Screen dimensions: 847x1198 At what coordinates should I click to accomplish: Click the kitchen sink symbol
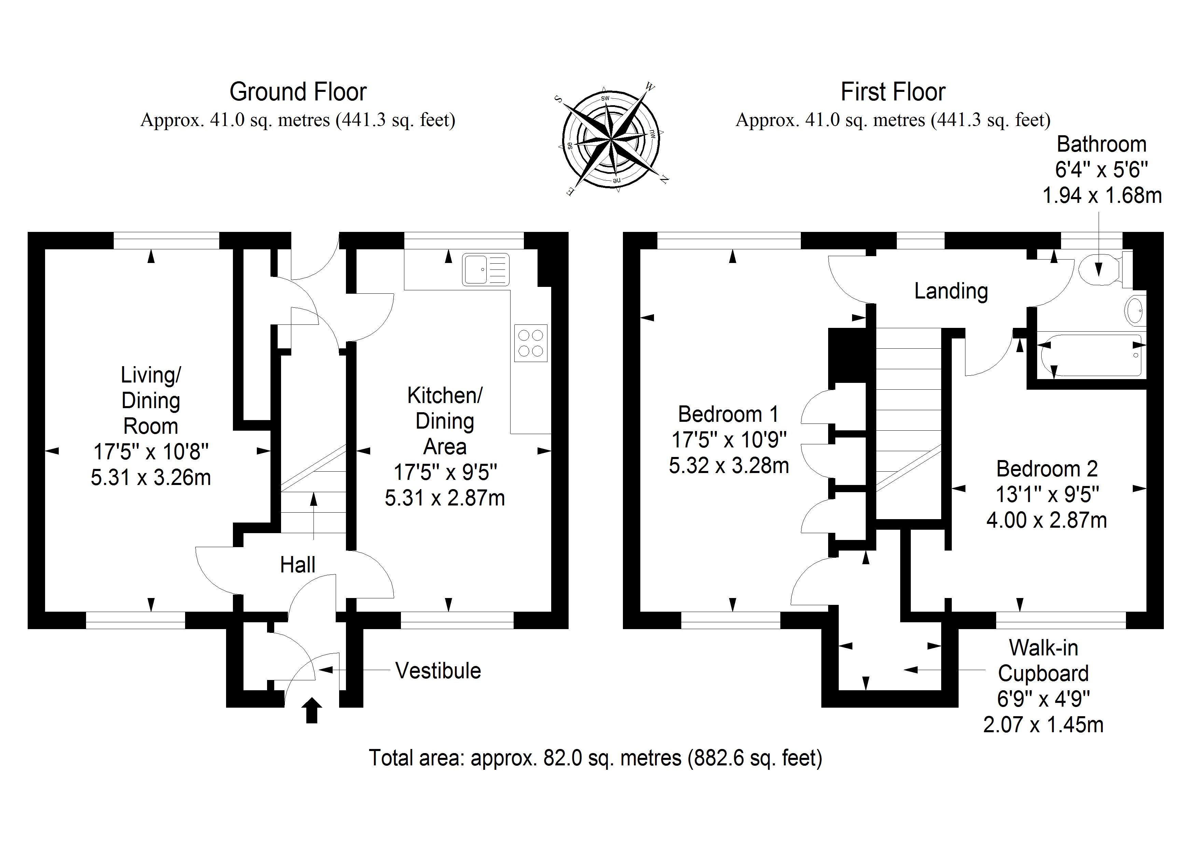tap(485, 269)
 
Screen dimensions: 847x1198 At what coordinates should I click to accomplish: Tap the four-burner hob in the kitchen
tap(531, 343)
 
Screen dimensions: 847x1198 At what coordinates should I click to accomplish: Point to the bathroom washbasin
tap(1134, 311)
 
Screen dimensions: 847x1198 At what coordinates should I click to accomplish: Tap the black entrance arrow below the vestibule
tap(312, 710)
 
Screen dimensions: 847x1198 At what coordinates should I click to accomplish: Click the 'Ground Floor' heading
tap(298, 92)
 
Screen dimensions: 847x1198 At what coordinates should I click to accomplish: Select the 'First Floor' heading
tap(893, 92)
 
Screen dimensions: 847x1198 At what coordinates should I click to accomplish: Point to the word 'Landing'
tap(951, 291)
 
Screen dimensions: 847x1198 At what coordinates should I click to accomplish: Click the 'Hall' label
tap(297, 565)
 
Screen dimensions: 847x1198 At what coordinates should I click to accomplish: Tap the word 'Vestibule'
tap(438, 671)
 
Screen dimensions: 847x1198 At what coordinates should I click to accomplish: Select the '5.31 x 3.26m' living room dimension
tap(151, 477)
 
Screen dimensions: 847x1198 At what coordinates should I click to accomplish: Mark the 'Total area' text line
tap(595, 758)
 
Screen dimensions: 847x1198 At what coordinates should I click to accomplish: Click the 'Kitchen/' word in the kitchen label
tap(445, 395)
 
